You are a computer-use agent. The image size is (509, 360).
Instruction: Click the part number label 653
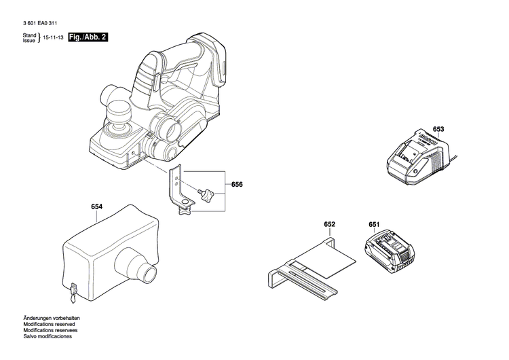(438, 129)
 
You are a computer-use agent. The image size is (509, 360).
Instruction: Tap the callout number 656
(236, 185)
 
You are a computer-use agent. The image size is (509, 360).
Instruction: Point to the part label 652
(330, 224)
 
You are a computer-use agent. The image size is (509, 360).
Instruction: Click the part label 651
(375, 224)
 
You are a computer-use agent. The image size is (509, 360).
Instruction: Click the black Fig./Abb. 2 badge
(88, 38)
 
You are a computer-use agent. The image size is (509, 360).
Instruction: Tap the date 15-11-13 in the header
(54, 39)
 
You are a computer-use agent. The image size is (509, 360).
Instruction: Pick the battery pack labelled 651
(388, 251)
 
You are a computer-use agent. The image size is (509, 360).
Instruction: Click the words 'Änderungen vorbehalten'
(51, 318)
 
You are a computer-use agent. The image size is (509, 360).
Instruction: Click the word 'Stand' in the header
(29, 35)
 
